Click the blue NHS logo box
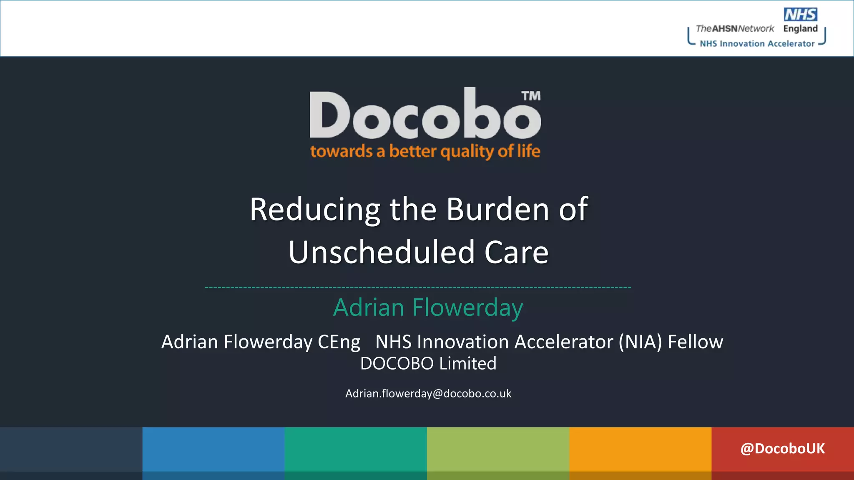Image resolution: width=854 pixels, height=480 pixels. coord(800,15)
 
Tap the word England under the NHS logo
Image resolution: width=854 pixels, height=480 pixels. coord(800,29)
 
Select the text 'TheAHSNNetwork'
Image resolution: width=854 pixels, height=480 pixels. coord(735,29)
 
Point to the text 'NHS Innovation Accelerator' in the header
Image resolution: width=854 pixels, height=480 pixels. coord(757,44)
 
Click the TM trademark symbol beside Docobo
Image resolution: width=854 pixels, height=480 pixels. coord(531,96)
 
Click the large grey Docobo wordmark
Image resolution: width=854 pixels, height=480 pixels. coord(425,115)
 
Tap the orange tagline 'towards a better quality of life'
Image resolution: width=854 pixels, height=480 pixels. coord(425,151)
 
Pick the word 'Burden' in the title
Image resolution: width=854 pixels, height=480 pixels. coord(497,210)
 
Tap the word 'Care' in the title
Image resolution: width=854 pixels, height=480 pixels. coord(516,252)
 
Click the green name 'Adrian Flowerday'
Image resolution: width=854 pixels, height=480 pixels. coord(428,307)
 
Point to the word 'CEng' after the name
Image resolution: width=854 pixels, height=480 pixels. coord(339,342)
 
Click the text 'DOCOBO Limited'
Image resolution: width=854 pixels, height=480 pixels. coord(428,363)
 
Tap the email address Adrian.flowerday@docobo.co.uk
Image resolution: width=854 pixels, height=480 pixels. coord(428,394)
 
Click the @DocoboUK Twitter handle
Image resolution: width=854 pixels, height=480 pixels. coord(782,449)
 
